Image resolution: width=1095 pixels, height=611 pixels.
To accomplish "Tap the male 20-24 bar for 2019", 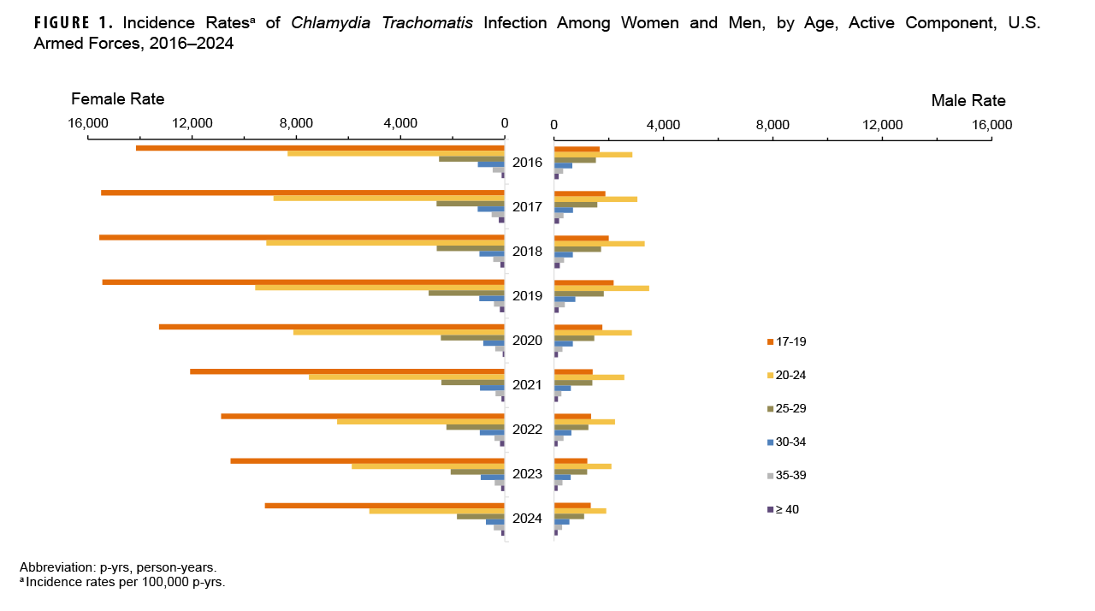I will click(x=601, y=288).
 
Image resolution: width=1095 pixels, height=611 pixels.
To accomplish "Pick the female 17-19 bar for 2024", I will click(x=385, y=506).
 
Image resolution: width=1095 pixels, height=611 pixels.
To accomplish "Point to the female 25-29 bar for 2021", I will click(x=473, y=383).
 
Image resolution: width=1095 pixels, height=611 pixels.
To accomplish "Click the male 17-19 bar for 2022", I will click(x=572, y=416).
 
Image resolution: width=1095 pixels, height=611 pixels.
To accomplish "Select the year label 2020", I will click(x=527, y=341).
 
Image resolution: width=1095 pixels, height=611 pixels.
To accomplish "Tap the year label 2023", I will click(x=527, y=474).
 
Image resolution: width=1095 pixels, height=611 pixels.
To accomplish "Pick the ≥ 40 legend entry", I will click(x=787, y=509).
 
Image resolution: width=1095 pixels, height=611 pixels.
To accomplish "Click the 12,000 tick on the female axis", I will click(x=192, y=124).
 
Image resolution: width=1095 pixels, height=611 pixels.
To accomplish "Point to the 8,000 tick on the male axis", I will click(x=772, y=125).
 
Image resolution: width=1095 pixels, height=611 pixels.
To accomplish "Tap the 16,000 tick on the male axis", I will click(x=991, y=125).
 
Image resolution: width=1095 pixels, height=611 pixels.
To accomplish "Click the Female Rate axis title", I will click(x=118, y=99).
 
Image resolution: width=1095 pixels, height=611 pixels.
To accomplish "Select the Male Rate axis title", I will click(x=968, y=101).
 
